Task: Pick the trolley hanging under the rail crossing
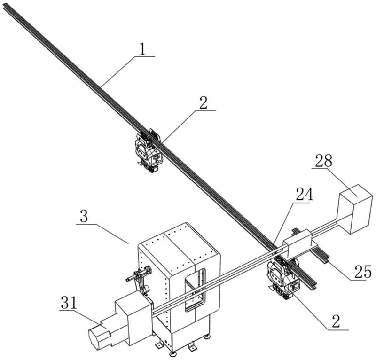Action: [282, 277]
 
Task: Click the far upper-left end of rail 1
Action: [6, 6]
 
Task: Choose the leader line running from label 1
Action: [120, 70]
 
